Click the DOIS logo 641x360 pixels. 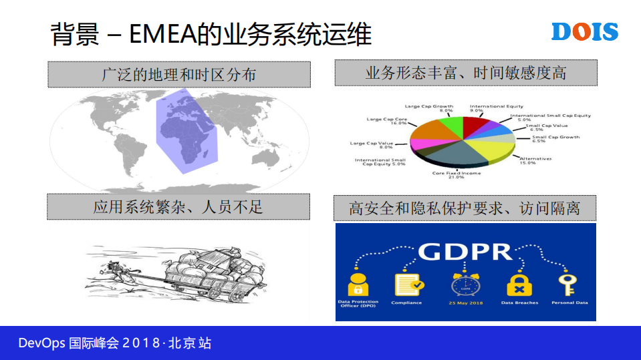pos(584,31)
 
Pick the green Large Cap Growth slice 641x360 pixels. pos(448,124)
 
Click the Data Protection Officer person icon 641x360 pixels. pos(358,283)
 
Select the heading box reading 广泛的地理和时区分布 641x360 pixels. pos(178,74)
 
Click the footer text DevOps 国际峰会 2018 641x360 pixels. pos(114,343)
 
